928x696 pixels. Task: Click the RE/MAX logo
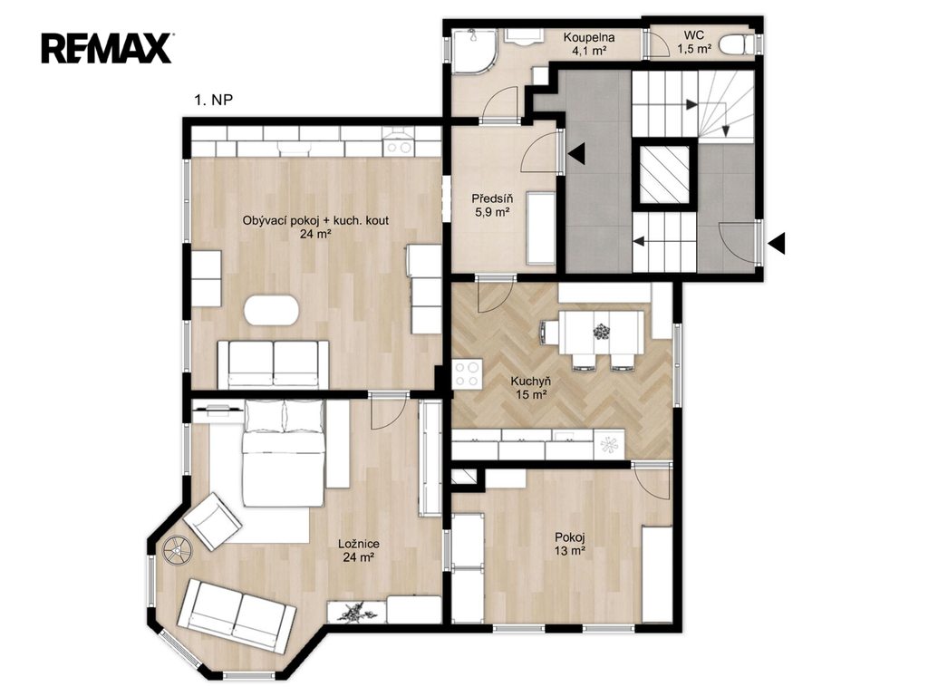tap(107, 48)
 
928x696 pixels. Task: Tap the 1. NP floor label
tap(214, 100)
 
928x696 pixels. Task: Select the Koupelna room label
tap(588, 37)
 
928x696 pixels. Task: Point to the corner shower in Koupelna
tap(471, 52)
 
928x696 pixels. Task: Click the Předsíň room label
tap(492, 198)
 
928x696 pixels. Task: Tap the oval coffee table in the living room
tap(272, 310)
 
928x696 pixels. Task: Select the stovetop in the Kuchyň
tap(467, 374)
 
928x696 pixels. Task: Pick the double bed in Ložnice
tap(284, 453)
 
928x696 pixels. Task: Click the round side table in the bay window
tap(178, 550)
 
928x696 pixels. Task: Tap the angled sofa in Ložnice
tap(237, 616)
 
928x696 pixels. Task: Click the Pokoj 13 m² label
tap(570, 545)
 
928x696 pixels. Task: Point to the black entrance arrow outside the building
tap(777, 243)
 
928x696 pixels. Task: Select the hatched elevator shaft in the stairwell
tap(664, 175)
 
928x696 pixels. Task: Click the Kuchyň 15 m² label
tap(531, 388)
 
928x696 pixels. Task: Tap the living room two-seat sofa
tap(273, 364)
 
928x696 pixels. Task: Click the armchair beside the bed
tap(212, 522)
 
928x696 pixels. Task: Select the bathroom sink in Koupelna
tap(523, 36)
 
